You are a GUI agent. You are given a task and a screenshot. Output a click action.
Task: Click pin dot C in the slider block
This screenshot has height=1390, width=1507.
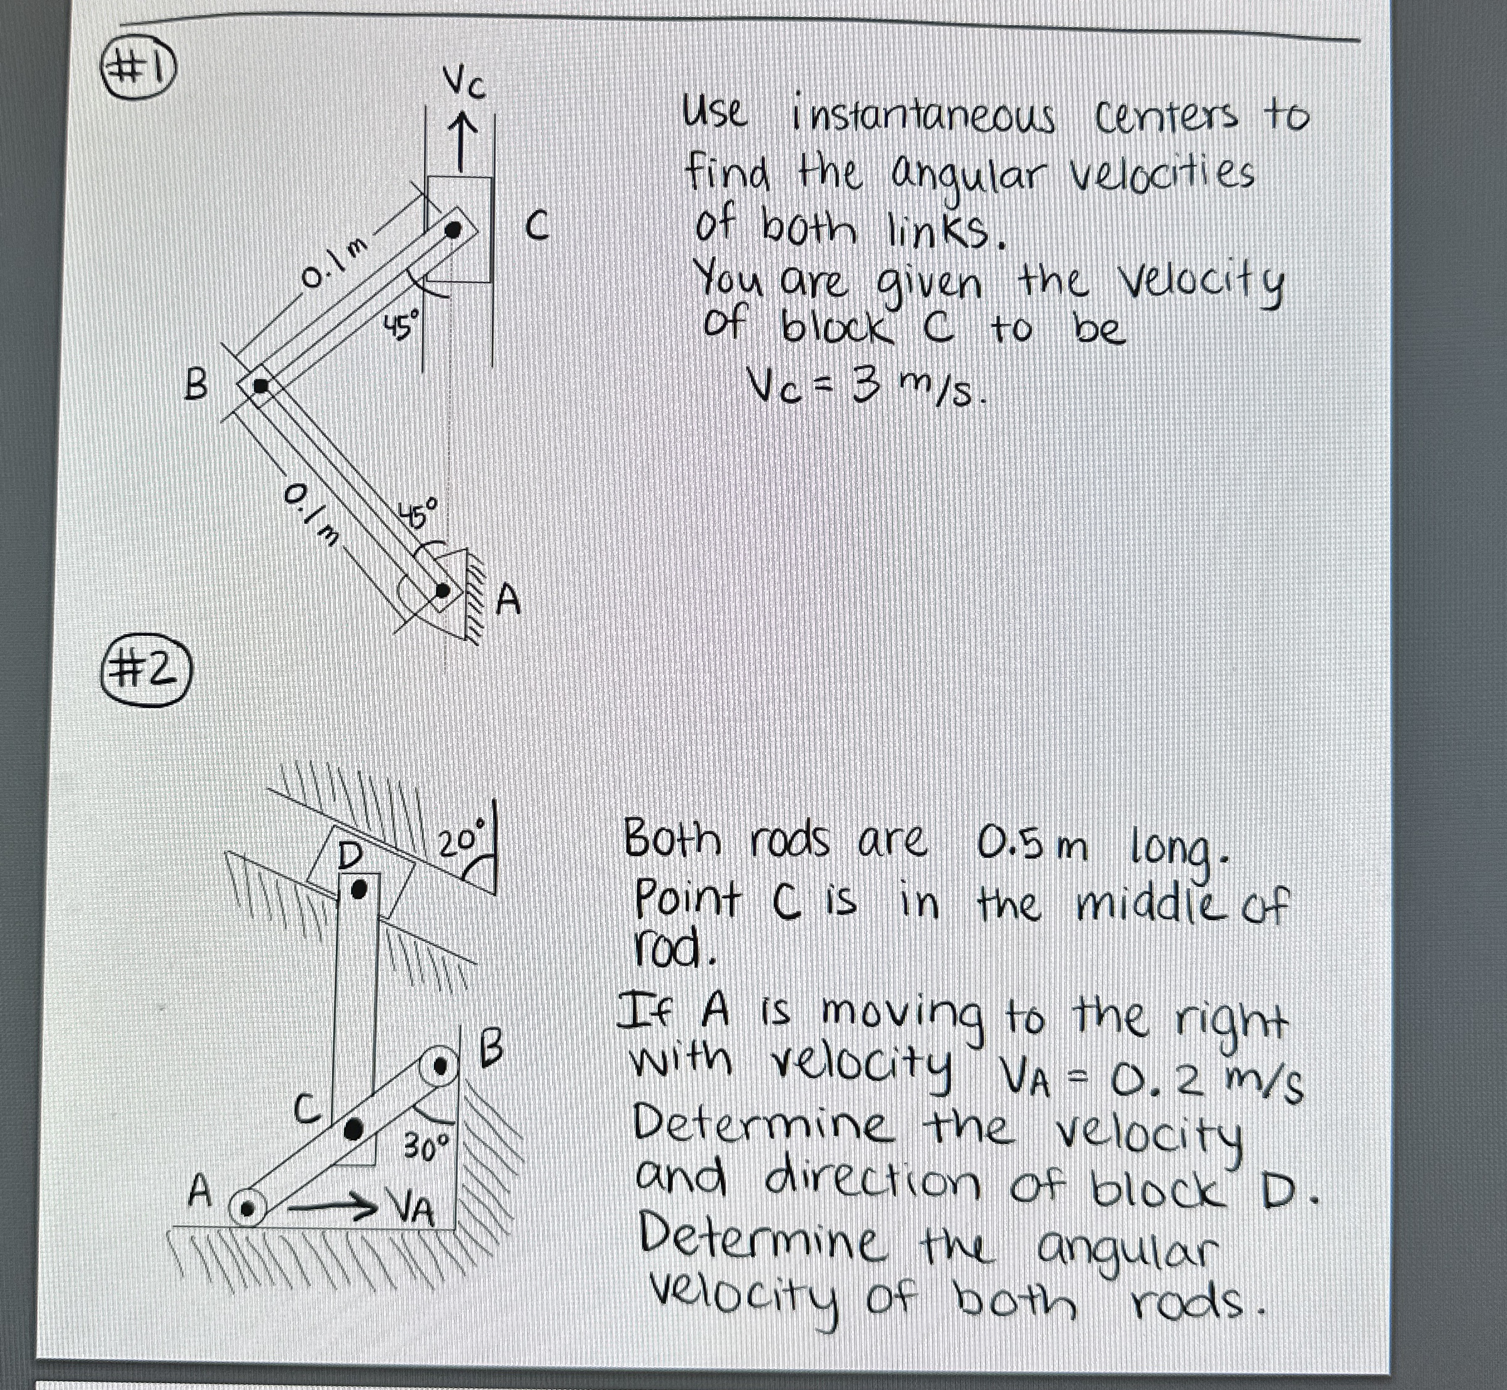[x=453, y=230]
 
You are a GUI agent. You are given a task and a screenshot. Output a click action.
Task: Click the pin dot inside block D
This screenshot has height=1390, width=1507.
[x=360, y=890]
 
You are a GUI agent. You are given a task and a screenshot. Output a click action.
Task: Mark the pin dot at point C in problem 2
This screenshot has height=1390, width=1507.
[x=353, y=1128]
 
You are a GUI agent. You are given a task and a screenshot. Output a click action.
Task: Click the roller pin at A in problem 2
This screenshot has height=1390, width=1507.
[x=246, y=1209]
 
